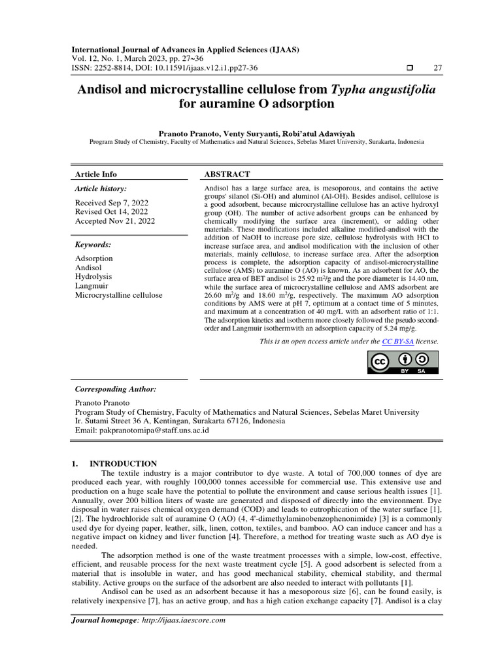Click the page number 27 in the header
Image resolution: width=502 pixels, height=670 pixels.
(x=438, y=68)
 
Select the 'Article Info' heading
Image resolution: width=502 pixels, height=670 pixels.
(x=96, y=174)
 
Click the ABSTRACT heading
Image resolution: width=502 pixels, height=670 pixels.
(x=227, y=174)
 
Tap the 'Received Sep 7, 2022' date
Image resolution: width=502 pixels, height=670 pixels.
(x=112, y=203)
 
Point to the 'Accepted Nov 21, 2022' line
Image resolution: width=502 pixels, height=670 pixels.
(x=115, y=221)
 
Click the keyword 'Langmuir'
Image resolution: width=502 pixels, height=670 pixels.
(x=92, y=286)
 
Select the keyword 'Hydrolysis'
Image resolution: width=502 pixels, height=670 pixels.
(x=94, y=277)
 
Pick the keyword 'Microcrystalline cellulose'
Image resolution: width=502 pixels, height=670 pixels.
(x=119, y=295)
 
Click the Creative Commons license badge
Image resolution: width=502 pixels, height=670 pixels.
(x=403, y=362)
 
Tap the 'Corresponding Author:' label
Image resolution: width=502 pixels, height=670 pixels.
(x=116, y=389)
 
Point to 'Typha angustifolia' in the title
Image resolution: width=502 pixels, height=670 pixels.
(x=384, y=88)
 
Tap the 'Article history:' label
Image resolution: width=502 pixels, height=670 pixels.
(x=101, y=188)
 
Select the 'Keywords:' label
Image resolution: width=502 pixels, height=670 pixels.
(x=93, y=244)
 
